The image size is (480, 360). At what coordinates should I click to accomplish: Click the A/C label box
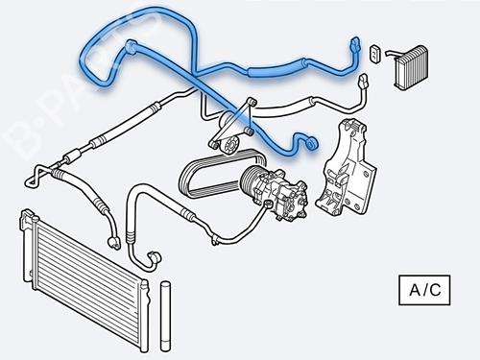[424, 290]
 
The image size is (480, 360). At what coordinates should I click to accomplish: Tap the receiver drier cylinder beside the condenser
[165, 316]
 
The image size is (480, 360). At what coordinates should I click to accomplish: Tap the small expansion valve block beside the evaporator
[375, 53]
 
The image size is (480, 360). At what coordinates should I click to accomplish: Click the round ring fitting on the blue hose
[311, 143]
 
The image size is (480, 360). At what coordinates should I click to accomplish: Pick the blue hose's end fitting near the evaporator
[355, 45]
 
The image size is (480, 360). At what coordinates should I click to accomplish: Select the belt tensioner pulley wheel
[229, 145]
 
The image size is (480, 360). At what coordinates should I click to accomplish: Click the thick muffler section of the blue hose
[276, 66]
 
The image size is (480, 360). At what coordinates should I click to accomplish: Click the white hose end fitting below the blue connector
[364, 83]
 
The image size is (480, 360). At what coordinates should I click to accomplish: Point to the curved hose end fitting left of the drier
[154, 257]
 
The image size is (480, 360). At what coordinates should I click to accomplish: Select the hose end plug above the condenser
[114, 242]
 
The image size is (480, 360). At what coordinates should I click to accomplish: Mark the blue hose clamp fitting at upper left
[131, 46]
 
